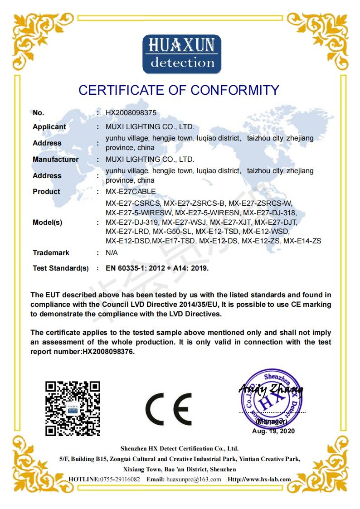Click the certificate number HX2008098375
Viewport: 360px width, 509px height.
tap(131, 112)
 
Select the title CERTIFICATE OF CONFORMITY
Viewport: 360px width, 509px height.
tap(179, 90)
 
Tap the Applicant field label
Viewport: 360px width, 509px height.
tap(49, 127)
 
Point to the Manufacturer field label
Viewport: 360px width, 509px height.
tap(55, 160)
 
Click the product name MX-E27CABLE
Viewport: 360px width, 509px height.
tap(131, 192)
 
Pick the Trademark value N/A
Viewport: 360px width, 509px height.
tap(112, 253)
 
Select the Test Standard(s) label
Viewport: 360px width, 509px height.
tap(60, 268)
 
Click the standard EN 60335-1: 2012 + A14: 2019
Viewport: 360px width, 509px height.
tap(157, 268)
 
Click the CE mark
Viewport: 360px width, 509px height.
tap(168, 409)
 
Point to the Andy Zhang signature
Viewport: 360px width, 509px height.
tap(271, 389)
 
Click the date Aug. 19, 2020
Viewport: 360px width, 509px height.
tap(273, 431)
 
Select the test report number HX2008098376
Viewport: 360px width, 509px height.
tap(108, 351)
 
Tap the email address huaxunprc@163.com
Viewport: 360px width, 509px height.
tap(194, 480)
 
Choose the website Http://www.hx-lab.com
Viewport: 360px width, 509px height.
tap(259, 480)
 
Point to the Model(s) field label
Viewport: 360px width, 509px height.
tap(47, 223)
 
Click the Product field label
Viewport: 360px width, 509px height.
tap(46, 192)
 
